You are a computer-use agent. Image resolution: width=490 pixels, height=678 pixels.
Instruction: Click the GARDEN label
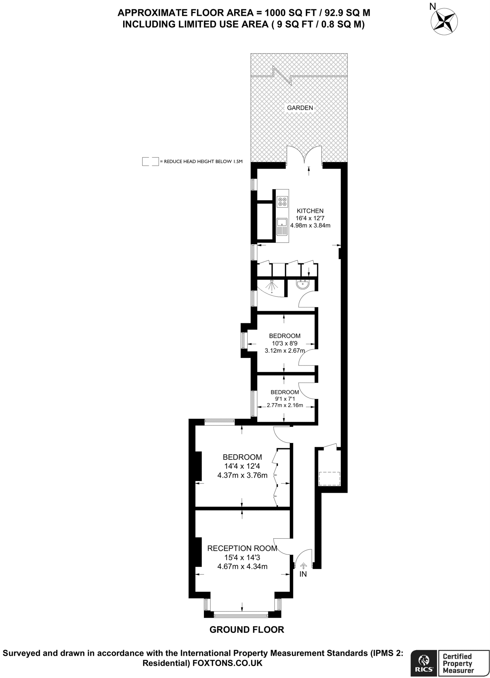[300, 108]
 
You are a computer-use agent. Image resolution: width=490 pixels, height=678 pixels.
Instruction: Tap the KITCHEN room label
[310, 211]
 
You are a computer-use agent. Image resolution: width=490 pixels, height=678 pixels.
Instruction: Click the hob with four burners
[282, 202]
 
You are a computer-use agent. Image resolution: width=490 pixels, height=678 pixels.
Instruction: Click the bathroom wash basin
[302, 284]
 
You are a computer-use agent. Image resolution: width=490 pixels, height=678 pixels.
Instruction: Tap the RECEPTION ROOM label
[242, 548]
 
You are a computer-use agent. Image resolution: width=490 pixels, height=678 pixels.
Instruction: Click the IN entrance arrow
[303, 566]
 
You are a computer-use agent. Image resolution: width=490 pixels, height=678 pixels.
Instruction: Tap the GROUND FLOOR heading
[247, 630]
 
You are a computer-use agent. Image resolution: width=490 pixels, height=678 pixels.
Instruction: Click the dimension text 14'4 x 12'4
[242, 466]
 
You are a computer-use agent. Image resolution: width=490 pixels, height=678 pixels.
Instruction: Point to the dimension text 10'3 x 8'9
[285, 344]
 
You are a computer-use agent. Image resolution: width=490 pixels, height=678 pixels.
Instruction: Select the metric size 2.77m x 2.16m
[285, 405]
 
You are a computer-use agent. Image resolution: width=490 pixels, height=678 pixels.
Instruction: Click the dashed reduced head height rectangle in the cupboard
[329, 479]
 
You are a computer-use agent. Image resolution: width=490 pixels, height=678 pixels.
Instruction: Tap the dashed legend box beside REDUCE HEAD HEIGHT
[150, 162]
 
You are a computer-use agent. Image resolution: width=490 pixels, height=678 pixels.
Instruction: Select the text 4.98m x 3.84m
[310, 225]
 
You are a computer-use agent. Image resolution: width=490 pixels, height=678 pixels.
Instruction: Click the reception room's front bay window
[241, 616]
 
